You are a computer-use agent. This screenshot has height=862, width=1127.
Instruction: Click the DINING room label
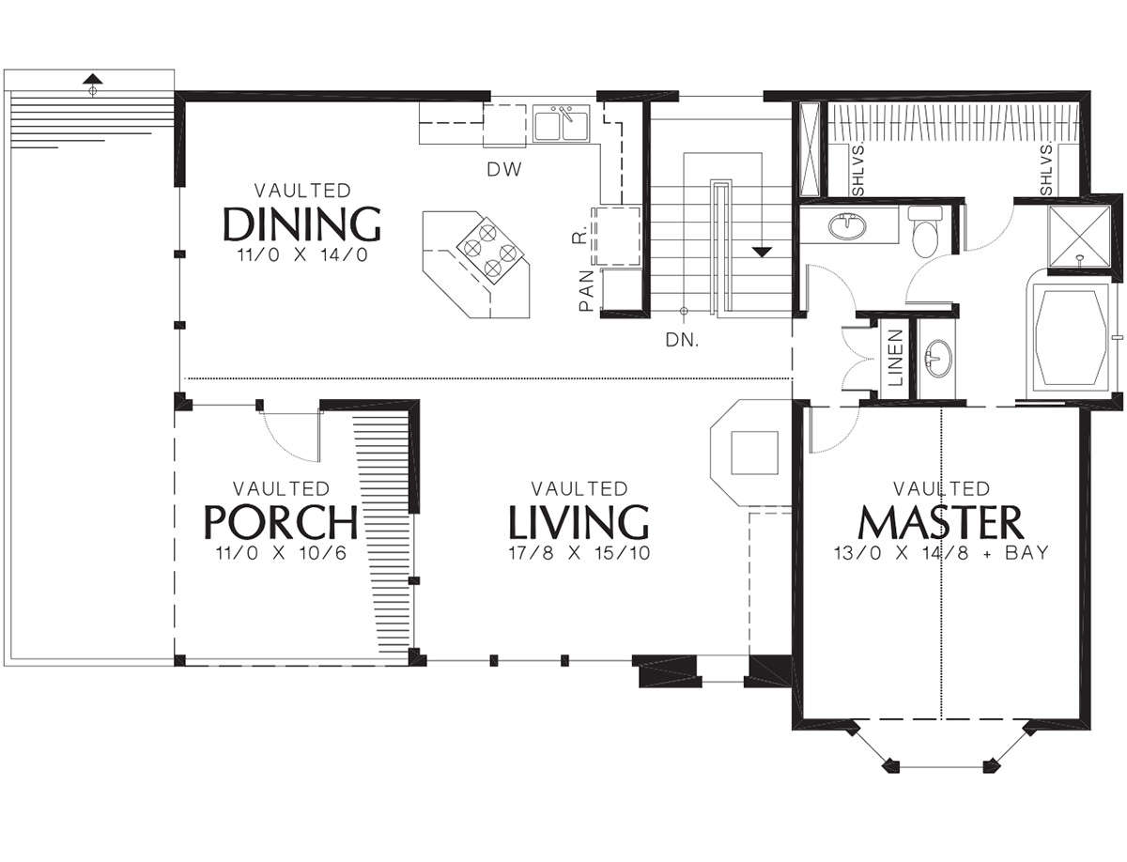pos(301,223)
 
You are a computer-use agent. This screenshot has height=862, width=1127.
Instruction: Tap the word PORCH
pos(281,522)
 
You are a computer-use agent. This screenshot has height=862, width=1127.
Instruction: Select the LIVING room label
pos(579,522)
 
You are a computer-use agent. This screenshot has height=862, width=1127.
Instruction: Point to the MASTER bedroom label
pos(941,522)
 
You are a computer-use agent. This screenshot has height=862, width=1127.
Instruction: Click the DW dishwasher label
pos(504,169)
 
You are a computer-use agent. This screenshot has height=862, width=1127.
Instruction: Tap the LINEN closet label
pos(895,358)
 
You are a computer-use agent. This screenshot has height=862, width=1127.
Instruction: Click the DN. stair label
pos(682,339)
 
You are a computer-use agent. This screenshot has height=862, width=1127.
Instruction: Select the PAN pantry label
pos(586,290)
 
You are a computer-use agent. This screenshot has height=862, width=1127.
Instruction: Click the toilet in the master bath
pos(925,232)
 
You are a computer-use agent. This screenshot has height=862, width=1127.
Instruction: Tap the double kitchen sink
pos(562,124)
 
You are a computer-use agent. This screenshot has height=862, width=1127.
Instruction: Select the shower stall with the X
pos(1079,237)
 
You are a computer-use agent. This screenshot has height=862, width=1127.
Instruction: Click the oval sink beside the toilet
pos(847,226)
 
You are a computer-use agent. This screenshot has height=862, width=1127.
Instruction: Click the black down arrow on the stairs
pos(762,252)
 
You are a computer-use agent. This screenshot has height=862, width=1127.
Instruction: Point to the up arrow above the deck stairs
pos(93,79)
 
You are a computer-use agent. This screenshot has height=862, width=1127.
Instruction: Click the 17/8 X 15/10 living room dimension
pos(579,553)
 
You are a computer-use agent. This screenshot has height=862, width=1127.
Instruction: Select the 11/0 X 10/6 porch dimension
pos(282,553)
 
